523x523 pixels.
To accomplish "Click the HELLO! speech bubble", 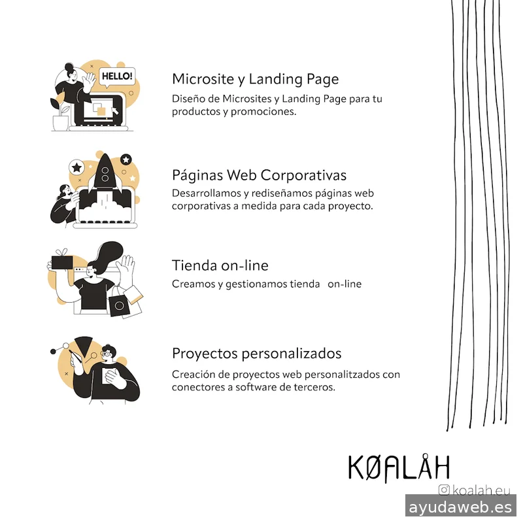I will pyautogui.click(x=118, y=76).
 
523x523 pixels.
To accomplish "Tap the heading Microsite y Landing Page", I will pyautogui.click(x=255, y=79).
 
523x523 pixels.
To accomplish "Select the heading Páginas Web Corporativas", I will pyautogui.click(x=259, y=175).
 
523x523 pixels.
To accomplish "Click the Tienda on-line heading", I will pyautogui.click(x=220, y=265).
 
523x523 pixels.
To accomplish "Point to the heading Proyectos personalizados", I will pyautogui.click(x=256, y=353).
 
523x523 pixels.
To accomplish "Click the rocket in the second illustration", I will pyautogui.click(x=103, y=173).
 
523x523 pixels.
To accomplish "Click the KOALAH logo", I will pyautogui.click(x=398, y=467).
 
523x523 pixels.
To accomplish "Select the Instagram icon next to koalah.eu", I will pyautogui.click(x=445, y=490).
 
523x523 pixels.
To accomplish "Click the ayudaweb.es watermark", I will pyautogui.click(x=460, y=507).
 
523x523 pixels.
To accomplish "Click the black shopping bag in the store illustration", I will pyautogui.click(x=119, y=305).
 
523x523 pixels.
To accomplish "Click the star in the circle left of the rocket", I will pyautogui.click(x=76, y=167).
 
